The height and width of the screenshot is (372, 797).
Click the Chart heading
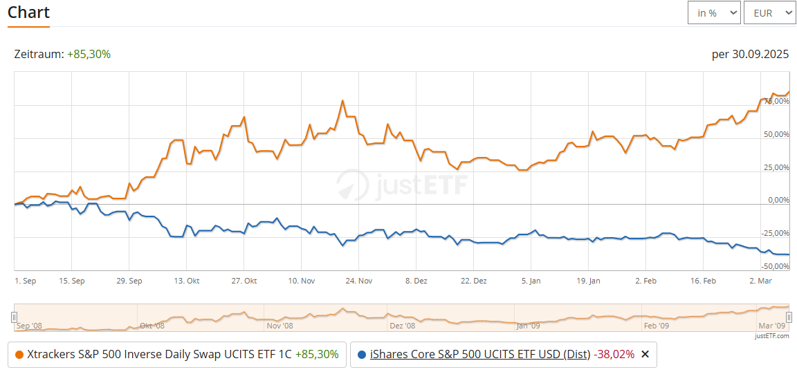point(28,12)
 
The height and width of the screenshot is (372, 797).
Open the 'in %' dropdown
point(714,12)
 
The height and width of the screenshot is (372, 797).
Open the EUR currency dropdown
point(769,12)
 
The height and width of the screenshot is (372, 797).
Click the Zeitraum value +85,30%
point(89,54)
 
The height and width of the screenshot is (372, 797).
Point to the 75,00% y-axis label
point(775,101)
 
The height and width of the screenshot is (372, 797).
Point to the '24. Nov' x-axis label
point(358,281)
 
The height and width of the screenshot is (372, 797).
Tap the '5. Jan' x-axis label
point(531,281)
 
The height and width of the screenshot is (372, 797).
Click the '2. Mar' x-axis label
point(760,281)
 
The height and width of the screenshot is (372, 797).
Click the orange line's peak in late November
point(342,101)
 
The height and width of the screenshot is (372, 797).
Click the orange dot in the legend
point(19,355)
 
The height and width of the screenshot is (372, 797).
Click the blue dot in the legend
point(362,355)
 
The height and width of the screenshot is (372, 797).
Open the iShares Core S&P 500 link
point(480,355)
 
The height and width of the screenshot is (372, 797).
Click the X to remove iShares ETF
point(645,355)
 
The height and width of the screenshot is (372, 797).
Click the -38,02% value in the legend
point(614,355)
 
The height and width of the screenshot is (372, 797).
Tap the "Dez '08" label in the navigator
point(402,325)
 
